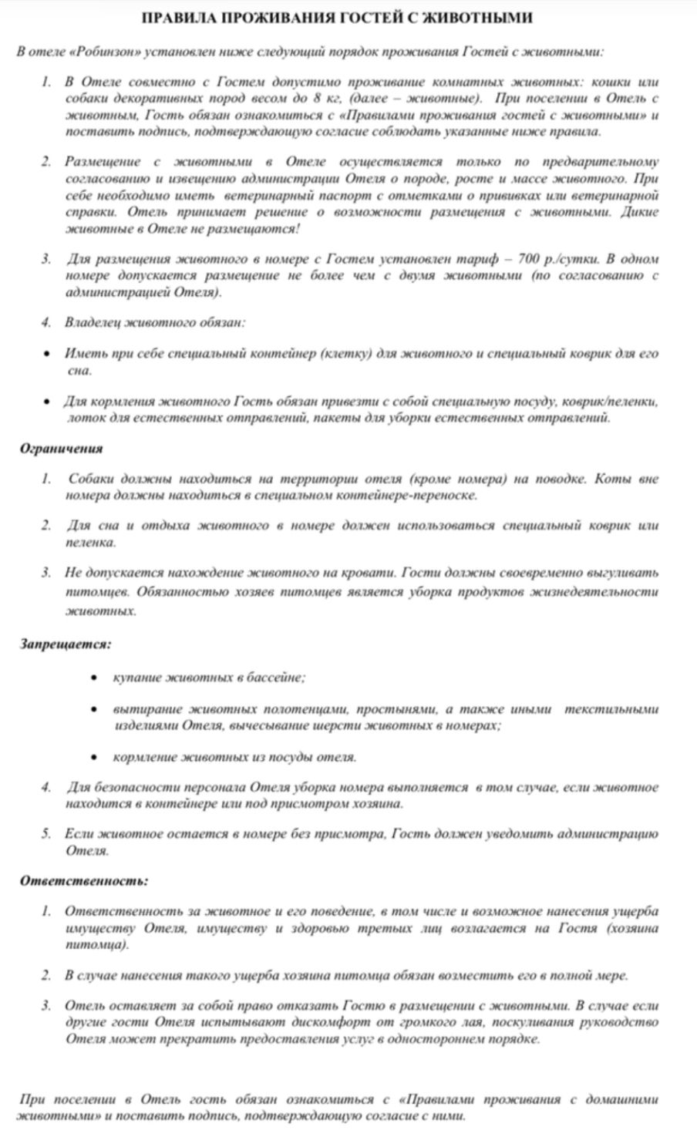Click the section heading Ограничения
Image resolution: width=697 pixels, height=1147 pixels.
tap(61, 449)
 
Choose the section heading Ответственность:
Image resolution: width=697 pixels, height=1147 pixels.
tap(83, 880)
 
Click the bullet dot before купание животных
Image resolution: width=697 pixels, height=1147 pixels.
tap(94, 678)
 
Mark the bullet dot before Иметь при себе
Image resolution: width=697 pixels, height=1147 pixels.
tap(47, 354)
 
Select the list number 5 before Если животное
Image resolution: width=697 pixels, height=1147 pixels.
tap(47, 833)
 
